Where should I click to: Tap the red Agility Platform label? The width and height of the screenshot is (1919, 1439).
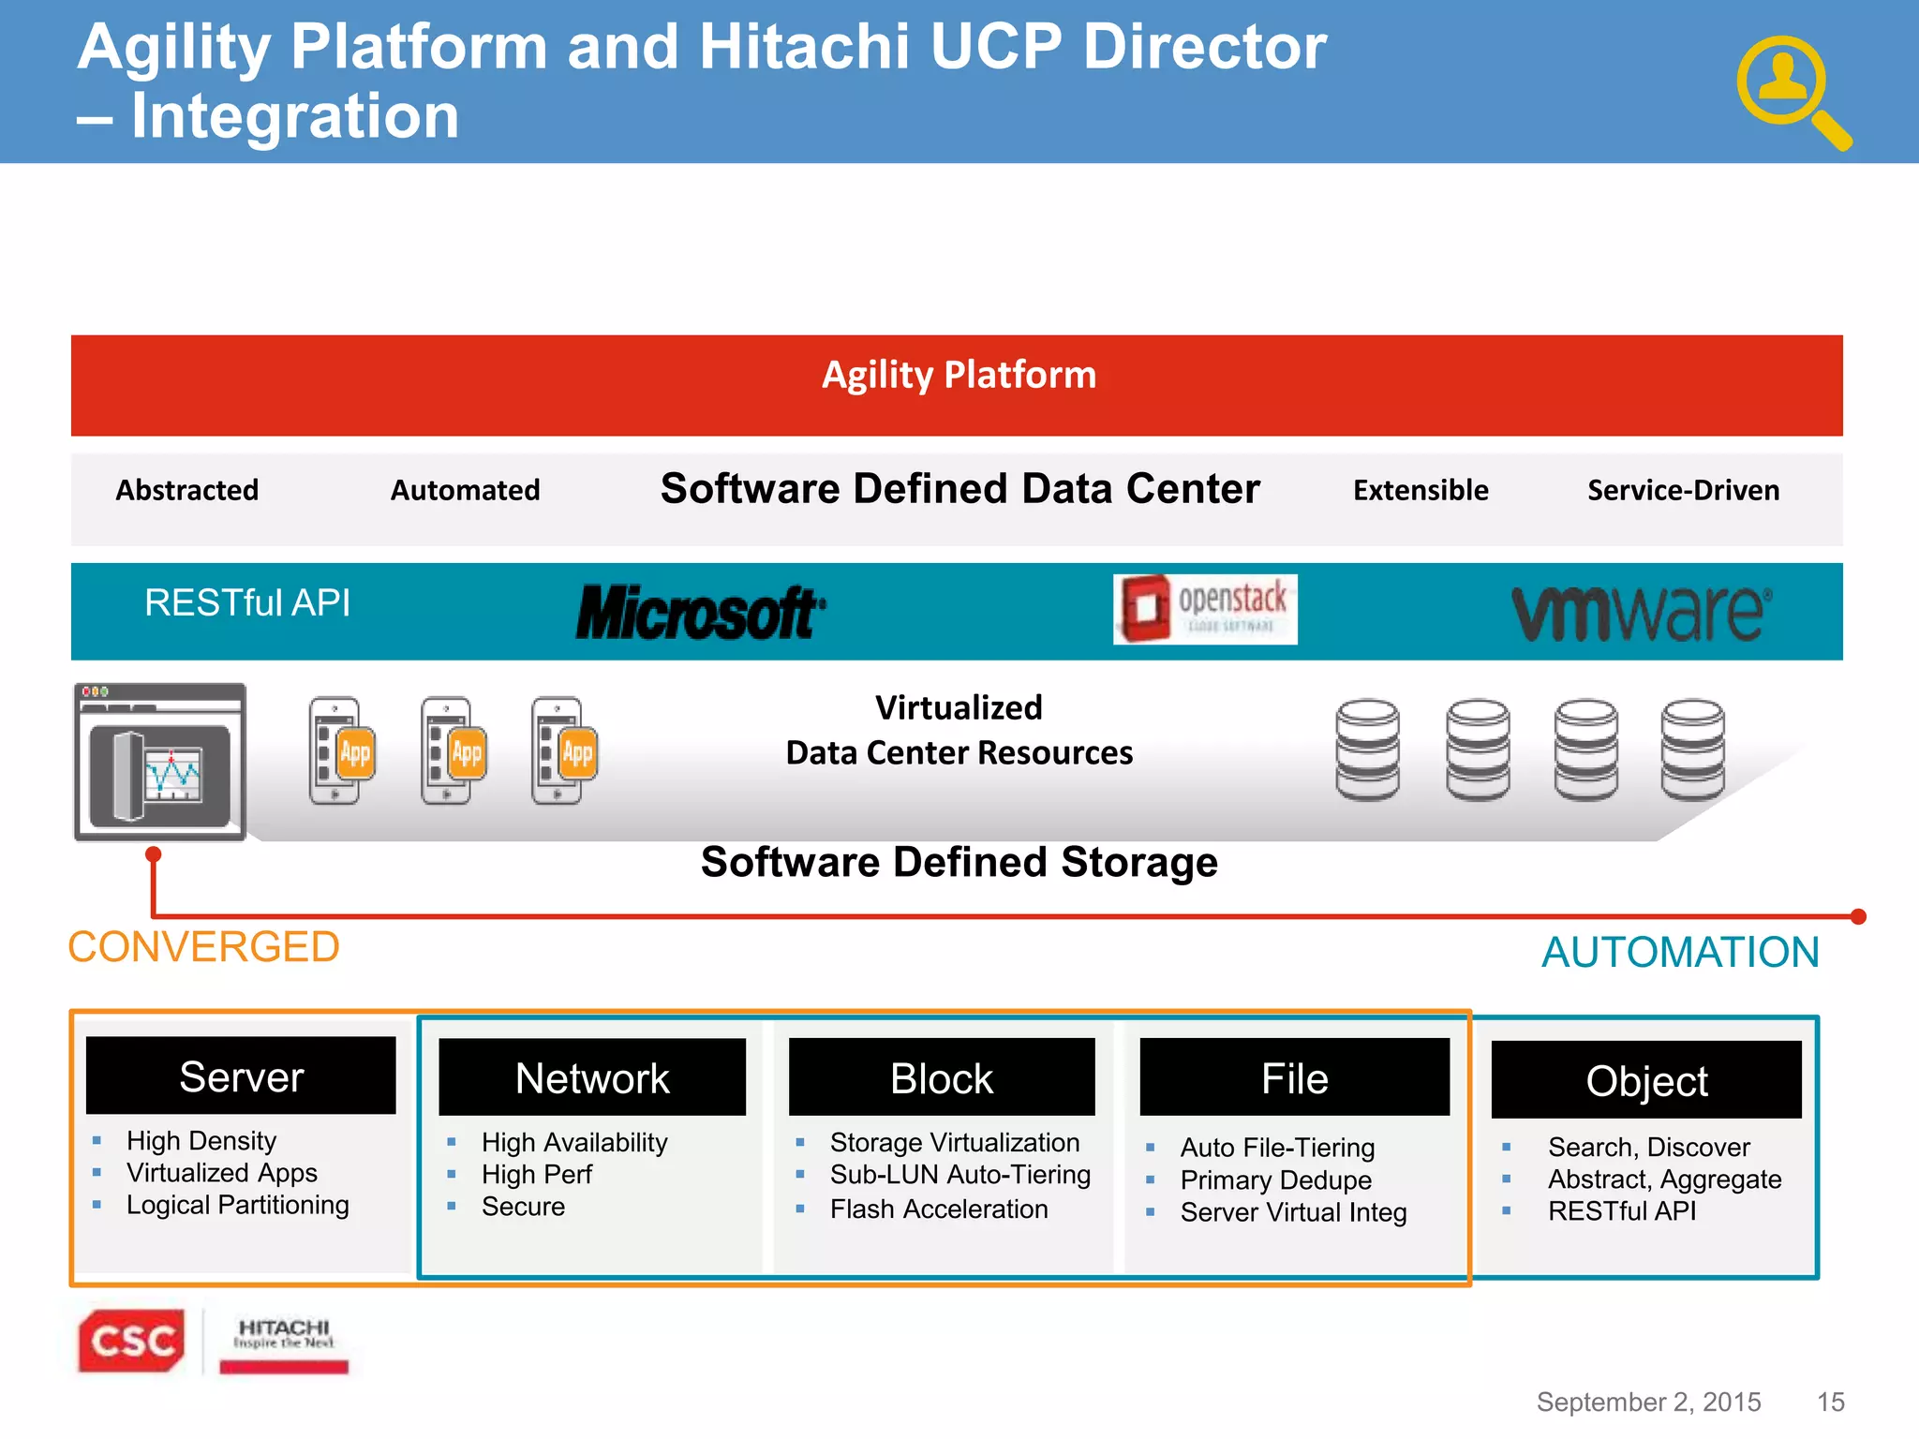coord(959,376)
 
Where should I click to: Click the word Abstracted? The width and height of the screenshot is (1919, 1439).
coord(187,490)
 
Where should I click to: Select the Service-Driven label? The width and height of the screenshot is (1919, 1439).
coord(1683,490)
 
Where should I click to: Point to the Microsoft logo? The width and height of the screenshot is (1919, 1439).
coord(700,613)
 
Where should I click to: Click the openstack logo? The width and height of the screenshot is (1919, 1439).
coord(1205,609)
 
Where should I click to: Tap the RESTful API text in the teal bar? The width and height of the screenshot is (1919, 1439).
coord(247,602)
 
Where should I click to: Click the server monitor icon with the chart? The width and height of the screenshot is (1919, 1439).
coord(160,762)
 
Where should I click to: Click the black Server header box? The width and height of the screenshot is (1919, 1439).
coord(241,1076)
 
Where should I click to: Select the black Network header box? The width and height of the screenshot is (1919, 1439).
coord(592,1077)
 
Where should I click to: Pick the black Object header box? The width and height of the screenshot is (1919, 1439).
coord(1646,1080)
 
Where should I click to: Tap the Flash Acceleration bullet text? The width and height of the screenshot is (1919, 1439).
coord(938,1209)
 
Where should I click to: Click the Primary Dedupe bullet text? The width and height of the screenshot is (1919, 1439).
coord(1275,1179)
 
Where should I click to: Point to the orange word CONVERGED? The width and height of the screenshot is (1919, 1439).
coord(204,947)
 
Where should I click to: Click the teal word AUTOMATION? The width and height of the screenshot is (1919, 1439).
coord(1680,952)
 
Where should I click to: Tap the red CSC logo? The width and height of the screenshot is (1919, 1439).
coord(131,1341)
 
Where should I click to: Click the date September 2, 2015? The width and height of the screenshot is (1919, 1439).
coord(1648,1402)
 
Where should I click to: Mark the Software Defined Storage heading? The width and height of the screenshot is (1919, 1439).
coord(959,862)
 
